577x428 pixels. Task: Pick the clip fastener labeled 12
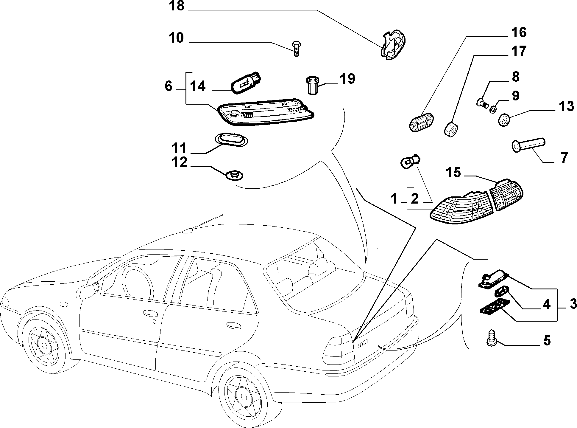(x=234, y=175)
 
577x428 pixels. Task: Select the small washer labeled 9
(x=493, y=109)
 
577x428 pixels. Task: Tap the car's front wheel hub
(x=44, y=345)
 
